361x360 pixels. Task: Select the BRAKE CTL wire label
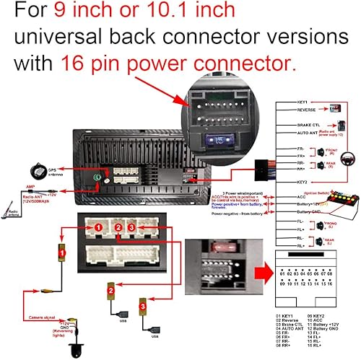tap(289, 124)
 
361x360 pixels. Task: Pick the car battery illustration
tap(337, 200)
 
